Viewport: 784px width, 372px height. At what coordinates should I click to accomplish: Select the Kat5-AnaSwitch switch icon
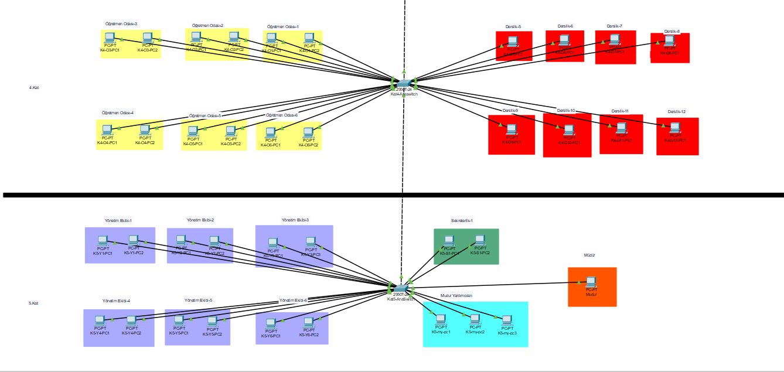[401, 288]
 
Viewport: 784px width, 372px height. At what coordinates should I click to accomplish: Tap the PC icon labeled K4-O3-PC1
[110, 38]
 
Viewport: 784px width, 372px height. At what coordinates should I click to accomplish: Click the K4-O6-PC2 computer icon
[308, 133]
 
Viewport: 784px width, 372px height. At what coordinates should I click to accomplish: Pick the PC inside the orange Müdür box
[591, 281]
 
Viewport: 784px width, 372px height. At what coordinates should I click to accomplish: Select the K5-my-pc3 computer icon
[507, 320]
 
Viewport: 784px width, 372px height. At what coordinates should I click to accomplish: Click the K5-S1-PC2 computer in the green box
[480, 240]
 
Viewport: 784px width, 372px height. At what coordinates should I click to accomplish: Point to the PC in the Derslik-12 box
[676, 128]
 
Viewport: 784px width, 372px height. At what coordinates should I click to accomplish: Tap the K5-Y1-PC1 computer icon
[103, 240]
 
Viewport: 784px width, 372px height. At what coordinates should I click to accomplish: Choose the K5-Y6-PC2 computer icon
[309, 322]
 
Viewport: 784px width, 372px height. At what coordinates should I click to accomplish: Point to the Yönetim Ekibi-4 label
[116, 301]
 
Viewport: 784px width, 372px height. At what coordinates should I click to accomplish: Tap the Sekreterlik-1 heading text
[462, 221]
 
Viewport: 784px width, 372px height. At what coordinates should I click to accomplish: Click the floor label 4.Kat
[34, 88]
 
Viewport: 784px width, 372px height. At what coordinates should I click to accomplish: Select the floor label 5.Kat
[33, 303]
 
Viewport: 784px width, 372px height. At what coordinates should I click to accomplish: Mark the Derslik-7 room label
[614, 26]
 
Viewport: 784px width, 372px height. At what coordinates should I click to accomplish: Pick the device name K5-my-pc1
[441, 332]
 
